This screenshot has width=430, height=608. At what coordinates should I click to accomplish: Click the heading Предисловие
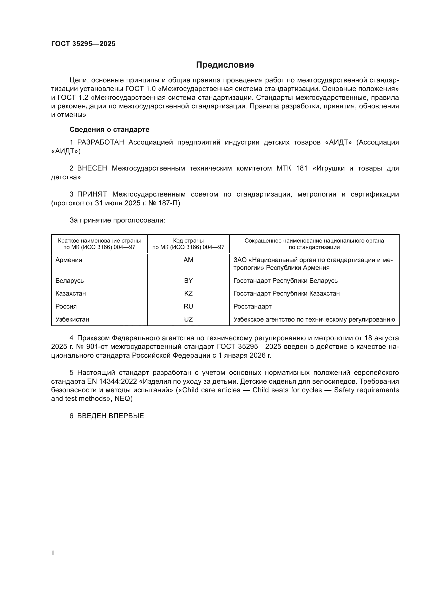point(225,65)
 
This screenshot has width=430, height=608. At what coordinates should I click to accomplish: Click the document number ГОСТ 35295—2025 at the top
point(83,44)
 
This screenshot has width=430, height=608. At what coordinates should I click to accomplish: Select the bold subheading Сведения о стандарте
point(109,129)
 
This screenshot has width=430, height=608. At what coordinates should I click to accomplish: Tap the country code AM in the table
point(188,260)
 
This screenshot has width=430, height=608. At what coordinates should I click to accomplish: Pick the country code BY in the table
point(188,281)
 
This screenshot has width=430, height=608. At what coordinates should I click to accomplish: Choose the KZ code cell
point(188,293)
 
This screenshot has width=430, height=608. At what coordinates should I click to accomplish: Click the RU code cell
point(188,306)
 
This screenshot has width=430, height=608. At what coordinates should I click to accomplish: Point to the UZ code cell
point(188,319)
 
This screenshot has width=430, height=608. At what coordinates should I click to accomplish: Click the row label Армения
point(69,260)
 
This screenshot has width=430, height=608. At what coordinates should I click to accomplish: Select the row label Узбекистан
point(72,319)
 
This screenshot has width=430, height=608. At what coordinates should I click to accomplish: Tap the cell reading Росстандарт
point(252,306)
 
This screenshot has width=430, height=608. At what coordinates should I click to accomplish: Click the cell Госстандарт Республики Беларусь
point(285,281)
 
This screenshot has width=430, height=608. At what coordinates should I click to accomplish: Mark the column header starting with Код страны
point(188,244)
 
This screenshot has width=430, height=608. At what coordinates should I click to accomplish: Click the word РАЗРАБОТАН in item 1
point(100,142)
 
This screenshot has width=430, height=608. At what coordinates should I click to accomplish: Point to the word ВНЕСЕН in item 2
point(92,168)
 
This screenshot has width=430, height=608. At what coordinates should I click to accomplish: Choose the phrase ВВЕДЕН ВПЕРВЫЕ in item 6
point(110,416)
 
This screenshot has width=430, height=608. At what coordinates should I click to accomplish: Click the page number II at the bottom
point(53,553)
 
